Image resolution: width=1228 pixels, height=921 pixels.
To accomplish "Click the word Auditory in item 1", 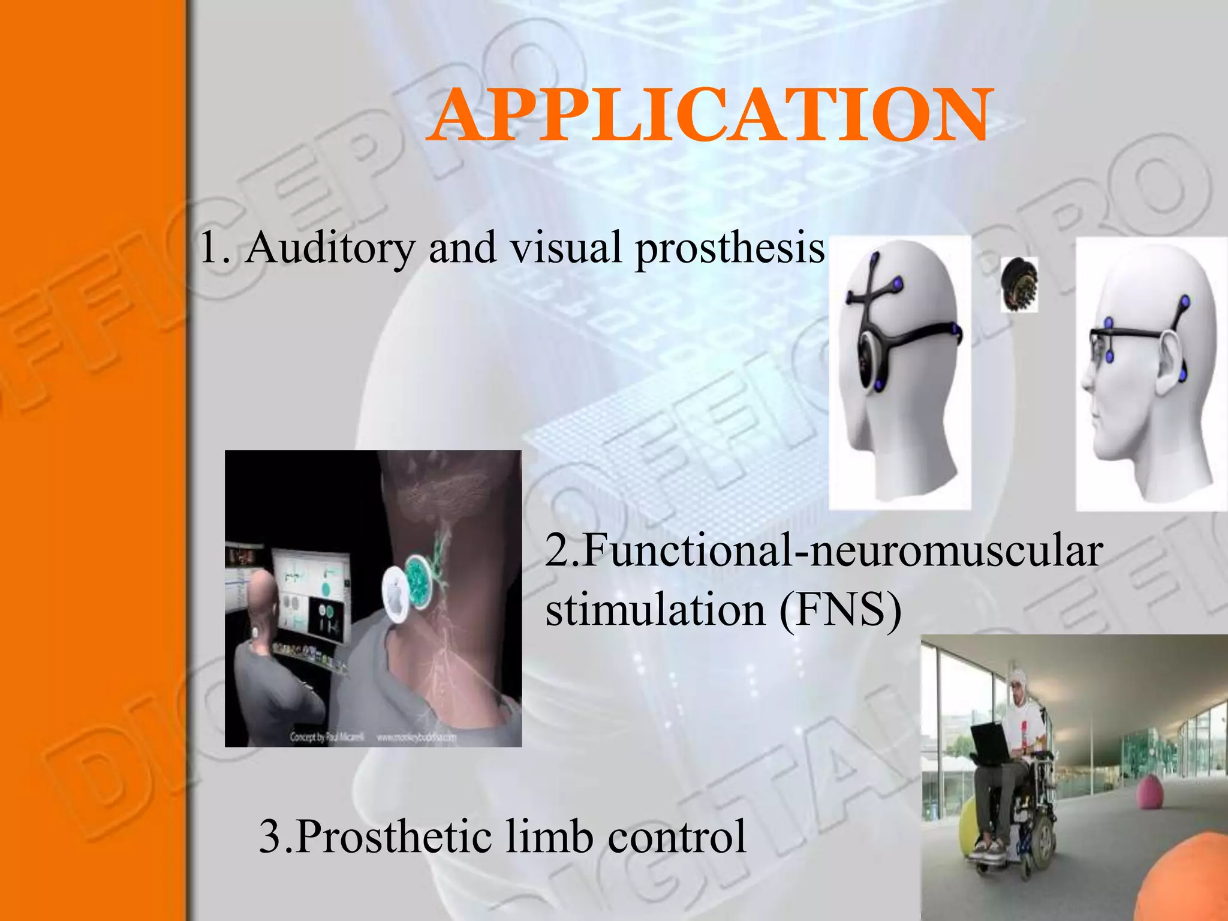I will click(330, 247).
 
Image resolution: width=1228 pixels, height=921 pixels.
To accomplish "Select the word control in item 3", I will click(677, 836).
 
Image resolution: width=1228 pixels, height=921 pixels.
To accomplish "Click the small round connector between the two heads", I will click(1019, 284).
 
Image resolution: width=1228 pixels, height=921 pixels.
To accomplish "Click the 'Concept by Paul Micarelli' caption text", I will click(327, 737).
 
